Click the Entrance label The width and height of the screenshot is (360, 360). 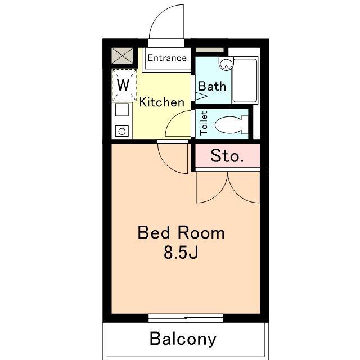tap(167, 58)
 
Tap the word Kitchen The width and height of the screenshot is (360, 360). tap(161, 102)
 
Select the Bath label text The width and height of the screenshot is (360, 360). tap(212, 86)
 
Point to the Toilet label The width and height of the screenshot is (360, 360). tap(204, 123)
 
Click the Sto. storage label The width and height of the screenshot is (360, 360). tap(227, 156)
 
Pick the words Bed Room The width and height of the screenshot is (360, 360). tap(181, 233)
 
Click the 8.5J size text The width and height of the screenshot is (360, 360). tap(181, 253)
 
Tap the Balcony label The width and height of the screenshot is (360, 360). tap(183, 339)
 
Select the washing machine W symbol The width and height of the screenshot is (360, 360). tap(123, 85)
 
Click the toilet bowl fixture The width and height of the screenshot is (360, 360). tap(231, 125)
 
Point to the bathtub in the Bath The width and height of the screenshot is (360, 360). tap(245, 80)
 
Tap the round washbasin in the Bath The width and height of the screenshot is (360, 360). tap(226, 64)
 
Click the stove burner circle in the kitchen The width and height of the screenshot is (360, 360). tap(122, 132)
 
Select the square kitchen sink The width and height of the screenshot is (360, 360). tap(122, 110)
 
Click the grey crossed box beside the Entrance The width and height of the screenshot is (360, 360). tap(123, 55)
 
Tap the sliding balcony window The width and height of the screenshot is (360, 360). tap(186, 318)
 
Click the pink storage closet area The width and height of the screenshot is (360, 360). tap(227, 155)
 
